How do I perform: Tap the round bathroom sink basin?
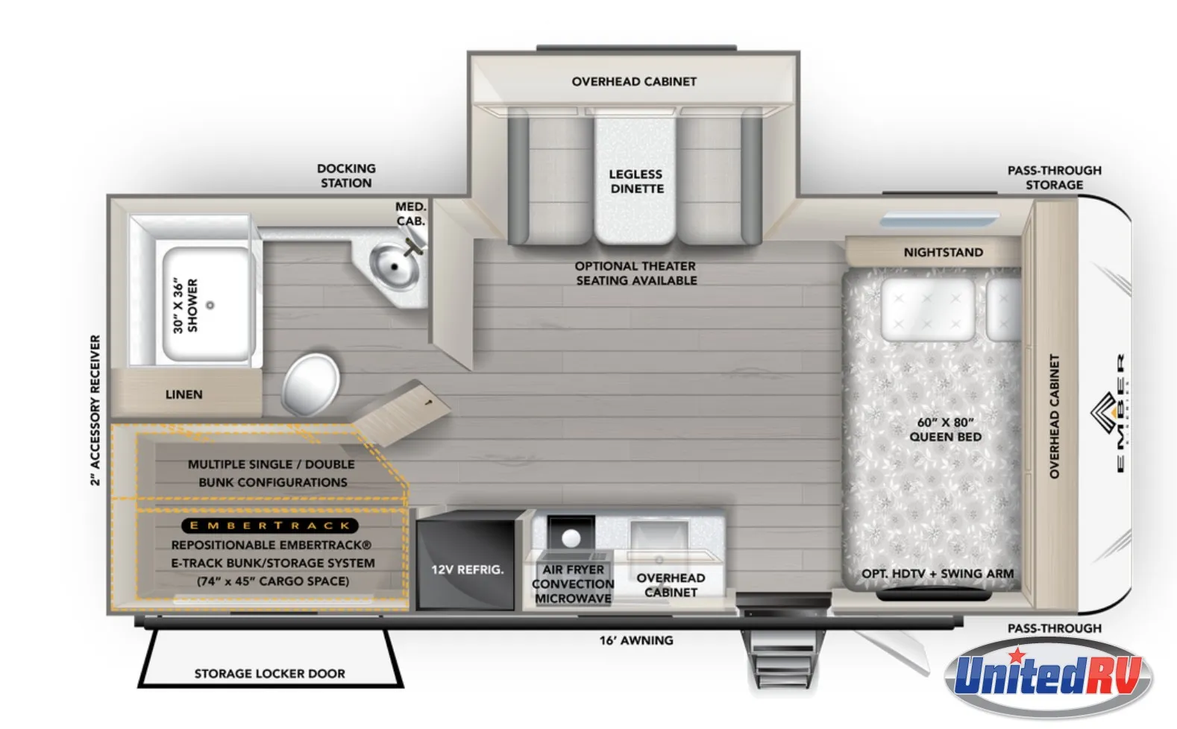coord(394,266)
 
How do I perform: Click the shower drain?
coord(210,305)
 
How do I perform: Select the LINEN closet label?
coord(184,394)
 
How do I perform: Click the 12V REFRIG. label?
coord(467,570)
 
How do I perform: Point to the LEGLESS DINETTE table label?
coord(636,181)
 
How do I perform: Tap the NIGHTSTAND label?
coord(944,253)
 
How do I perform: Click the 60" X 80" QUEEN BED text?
coord(945,429)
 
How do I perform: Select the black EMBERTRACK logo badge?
coord(270,526)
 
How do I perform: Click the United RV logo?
coord(1048,677)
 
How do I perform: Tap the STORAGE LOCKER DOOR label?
coord(269,674)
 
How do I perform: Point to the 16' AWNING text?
coord(635,640)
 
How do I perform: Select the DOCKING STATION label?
coord(346,175)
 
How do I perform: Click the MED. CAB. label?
coord(411,214)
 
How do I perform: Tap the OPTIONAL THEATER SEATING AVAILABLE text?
coord(635,273)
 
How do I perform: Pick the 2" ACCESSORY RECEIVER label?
coord(95,410)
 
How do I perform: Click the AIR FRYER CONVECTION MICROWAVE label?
coord(573,584)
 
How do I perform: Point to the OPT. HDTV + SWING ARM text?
coord(938,573)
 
